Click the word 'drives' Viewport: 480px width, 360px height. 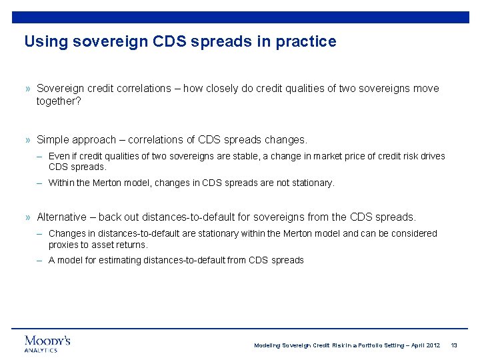(431, 156)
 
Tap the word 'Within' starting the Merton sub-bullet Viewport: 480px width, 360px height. (61, 183)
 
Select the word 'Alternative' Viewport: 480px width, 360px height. (61, 217)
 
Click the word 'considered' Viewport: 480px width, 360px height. (414, 233)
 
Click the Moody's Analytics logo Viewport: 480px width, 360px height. (47, 343)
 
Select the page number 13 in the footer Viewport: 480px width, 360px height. (454, 345)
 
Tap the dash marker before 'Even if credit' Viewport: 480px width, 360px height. (41, 156)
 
